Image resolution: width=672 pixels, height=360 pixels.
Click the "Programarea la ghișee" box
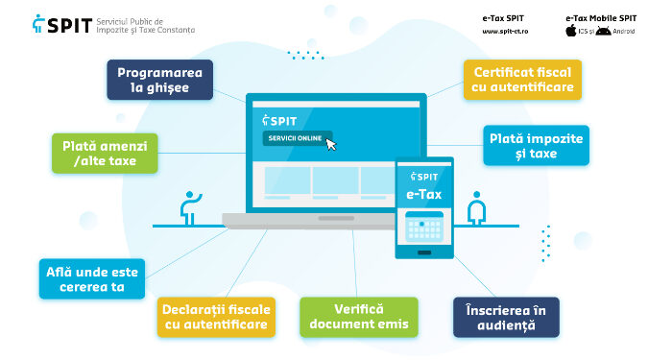[159, 80]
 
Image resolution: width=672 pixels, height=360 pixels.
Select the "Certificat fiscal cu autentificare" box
[521, 80]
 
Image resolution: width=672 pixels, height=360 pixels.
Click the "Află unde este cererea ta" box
[92, 278]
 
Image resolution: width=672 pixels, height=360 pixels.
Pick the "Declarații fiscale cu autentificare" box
[216, 317]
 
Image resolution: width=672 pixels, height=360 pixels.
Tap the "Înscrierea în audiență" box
[506, 317]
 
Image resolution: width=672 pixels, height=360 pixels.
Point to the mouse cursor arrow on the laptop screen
[331, 145]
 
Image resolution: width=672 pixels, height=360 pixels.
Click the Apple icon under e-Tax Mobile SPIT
[570, 31]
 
